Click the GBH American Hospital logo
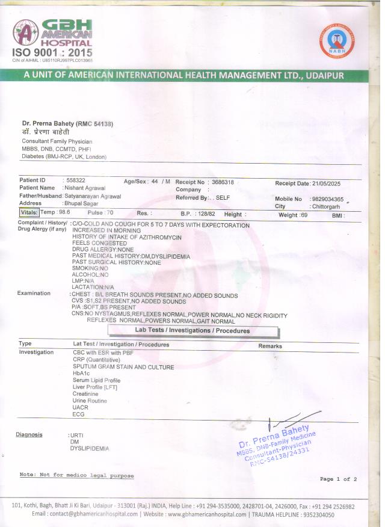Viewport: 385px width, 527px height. point(52,37)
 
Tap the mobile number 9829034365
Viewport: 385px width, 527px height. point(328,199)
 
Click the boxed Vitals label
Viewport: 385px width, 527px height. point(29,212)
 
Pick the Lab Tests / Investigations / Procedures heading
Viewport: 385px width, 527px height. point(192,331)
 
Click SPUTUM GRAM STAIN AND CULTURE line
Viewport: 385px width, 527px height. point(123,367)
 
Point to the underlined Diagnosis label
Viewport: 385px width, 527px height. point(29,434)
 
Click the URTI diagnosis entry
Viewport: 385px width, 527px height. point(76,434)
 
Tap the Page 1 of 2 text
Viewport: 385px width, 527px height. point(338,479)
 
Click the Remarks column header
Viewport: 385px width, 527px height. point(270,346)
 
